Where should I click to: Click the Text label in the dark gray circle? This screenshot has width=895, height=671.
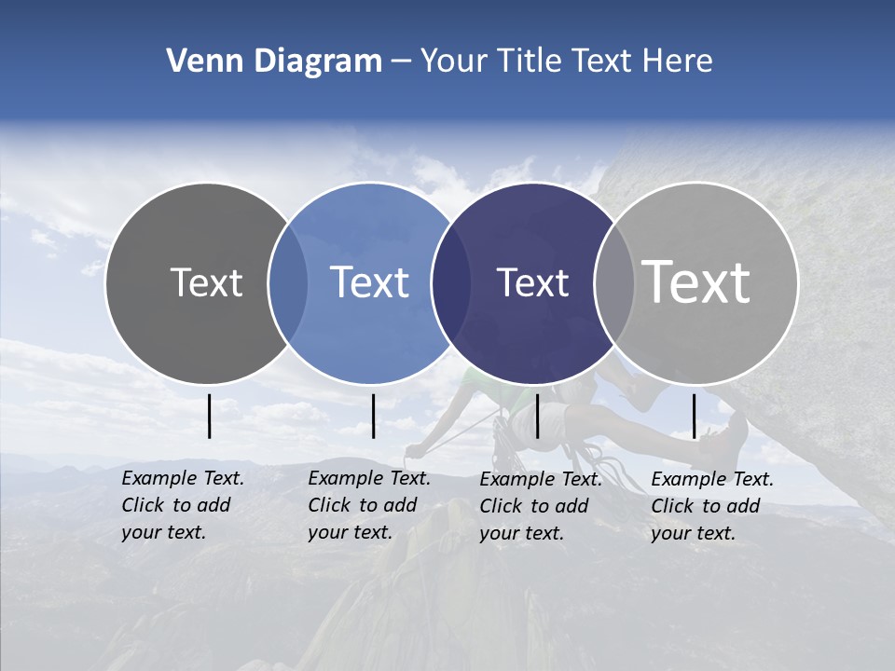[x=206, y=282]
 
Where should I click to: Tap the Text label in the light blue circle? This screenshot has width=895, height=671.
[x=370, y=282]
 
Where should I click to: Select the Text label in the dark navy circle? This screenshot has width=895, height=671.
[x=532, y=282]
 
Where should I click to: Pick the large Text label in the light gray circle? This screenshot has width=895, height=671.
[x=696, y=281]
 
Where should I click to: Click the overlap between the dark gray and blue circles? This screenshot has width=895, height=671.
[x=288, y=282]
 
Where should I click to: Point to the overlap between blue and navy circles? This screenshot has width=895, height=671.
[x=450, y=282]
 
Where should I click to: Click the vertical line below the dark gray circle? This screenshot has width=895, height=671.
[x=210, y=416]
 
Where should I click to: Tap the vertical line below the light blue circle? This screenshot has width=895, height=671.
[x=373, y=416]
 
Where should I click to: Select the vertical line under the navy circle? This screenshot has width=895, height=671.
[x=537, y=416]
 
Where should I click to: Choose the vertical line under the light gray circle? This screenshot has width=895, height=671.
[x=695, y=416]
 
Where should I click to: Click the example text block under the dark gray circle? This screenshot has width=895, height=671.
[x=182, y=505]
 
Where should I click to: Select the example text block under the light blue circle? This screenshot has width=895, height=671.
[x=368, y=505]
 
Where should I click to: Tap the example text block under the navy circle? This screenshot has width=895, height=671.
[x=540, y=506]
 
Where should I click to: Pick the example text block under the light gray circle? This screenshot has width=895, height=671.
[x=711, y=506]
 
